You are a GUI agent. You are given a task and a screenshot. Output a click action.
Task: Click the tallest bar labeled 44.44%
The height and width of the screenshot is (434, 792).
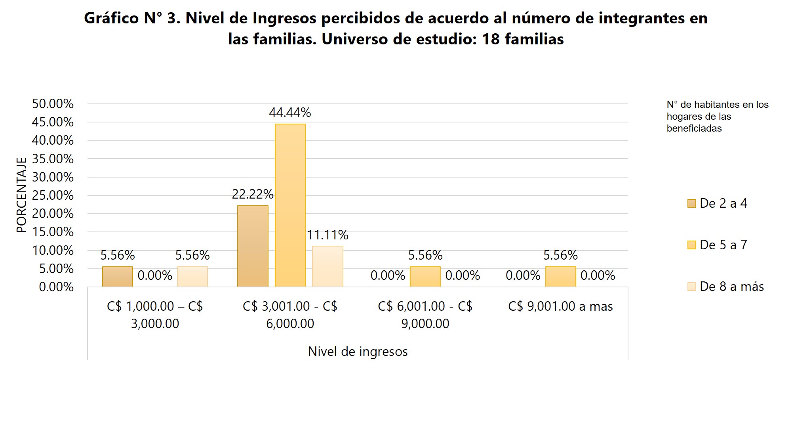pyautogui.click(x=290, y=205)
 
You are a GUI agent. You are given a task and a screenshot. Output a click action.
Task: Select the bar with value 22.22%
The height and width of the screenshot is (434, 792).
pyautogui.click(x=253, y=246)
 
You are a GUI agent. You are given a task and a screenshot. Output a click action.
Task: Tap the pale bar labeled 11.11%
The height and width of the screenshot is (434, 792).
pyautogui.click(x=327, y=266)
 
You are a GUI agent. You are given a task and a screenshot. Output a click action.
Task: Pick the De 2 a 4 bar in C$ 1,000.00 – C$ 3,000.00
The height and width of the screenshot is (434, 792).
pyautogui.click(x=118, y=277)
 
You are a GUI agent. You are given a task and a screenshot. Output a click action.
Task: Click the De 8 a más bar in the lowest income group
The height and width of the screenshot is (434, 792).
pyautogui.click(x=192, y=277)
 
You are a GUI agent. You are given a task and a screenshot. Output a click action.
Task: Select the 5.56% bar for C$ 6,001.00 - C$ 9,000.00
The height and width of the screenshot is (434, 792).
pyautogui.click(x=425, y=277)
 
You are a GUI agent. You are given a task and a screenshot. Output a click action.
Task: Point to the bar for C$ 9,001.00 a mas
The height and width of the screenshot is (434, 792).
pyautogui.click(x=560, y=277)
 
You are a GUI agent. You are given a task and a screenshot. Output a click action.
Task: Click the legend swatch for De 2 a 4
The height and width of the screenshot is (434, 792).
pyautogui.click(x=691, y=203)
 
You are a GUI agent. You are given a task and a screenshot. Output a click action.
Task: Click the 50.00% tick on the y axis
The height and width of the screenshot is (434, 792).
pyautogui.click(x=53, y=104)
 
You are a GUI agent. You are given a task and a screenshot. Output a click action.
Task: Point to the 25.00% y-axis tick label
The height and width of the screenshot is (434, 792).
pyautogui.click(x=53, y=195)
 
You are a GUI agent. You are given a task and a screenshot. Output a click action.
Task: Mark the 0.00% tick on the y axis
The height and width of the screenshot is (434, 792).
pyautogui.click(x=56, y=287)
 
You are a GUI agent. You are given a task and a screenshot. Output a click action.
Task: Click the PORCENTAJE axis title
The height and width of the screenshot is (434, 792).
pyautogui.click(x=21, y=195)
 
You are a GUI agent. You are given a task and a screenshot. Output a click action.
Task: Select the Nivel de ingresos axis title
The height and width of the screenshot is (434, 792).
pyautogui.click(x=358, y=352)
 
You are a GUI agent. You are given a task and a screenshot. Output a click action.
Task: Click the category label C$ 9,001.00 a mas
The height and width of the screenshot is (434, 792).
pyautogui.click(x=560, y=306)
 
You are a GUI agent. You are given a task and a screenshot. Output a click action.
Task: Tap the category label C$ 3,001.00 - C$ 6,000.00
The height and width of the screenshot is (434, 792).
pyautogui.click(x=290, y=315)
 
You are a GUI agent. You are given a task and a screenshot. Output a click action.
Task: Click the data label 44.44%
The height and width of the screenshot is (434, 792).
pyautogui.click(x=290, y=113)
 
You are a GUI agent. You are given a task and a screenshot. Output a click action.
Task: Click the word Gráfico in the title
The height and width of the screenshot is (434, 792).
pyautogui.click(x=111, y=18)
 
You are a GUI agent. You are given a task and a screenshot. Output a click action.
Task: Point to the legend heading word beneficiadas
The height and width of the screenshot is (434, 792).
pyautogui.click(x=694, y=128)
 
